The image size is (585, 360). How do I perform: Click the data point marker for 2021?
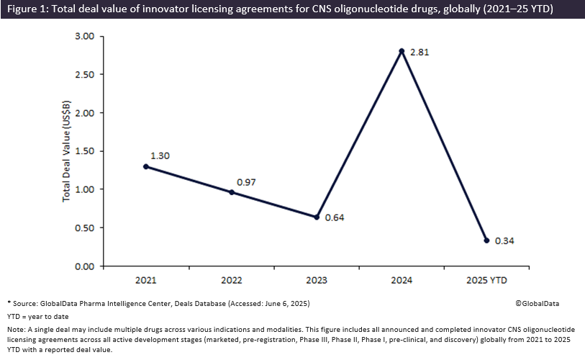146,166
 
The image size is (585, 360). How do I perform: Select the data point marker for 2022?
231,192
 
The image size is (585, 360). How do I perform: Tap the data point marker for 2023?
317,217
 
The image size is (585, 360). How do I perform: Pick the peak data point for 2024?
402,50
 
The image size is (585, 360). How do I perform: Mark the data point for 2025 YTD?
486,240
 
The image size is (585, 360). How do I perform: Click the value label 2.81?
419,53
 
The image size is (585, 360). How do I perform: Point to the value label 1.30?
159,155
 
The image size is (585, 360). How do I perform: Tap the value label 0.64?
335,217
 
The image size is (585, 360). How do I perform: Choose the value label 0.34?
505,240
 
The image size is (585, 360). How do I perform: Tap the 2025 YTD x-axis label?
486,279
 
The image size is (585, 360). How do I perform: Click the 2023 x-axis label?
317,279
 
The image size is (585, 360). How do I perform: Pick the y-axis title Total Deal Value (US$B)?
66,151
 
